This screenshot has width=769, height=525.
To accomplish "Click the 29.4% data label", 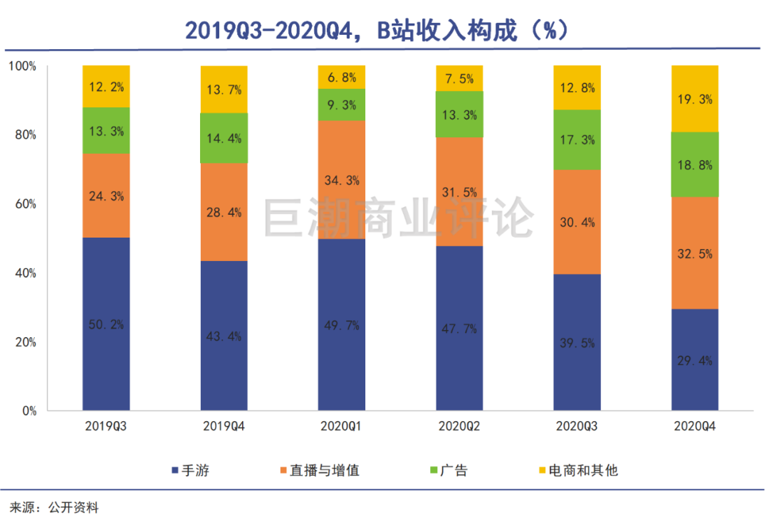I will coord(695,361).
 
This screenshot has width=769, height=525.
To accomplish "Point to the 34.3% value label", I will coord(341,180).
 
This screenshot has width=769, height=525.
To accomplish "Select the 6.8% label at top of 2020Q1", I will coord(341,77).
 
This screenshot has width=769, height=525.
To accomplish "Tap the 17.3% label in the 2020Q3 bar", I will coord(577,140).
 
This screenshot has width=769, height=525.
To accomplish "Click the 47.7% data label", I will coord(459,329).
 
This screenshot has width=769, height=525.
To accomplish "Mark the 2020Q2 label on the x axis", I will coord(459,427).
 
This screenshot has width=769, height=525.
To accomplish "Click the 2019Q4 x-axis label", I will coord(224,427).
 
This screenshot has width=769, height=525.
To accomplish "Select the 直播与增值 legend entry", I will coord(320,470).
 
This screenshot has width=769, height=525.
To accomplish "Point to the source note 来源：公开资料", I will coord(53,508).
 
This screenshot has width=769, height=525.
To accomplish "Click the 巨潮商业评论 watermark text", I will coord(399,218).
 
